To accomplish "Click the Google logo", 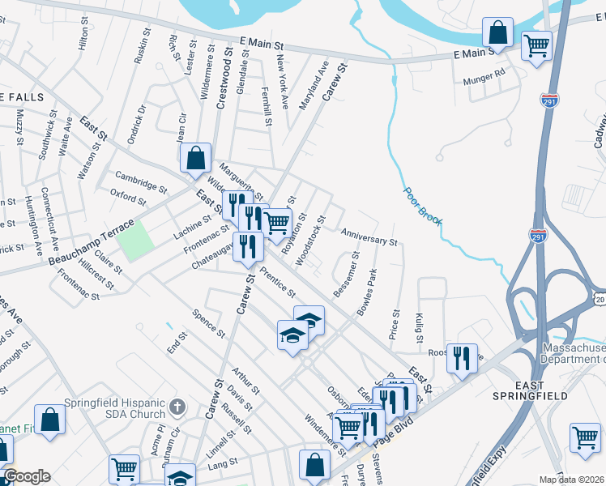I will [x=27, y=476].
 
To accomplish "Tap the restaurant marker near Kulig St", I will [x=462, y=357].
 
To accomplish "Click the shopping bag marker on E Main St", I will [x=497, y=33].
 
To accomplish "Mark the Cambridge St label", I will [x=140, y=179].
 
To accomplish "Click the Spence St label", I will [x=209, y=323].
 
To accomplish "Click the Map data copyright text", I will [x=572, y=480].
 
